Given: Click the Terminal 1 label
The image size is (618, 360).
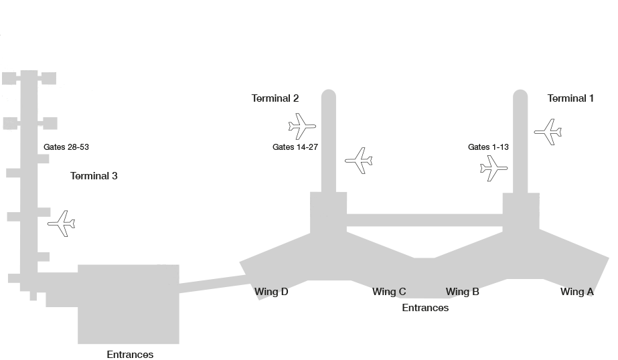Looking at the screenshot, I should point(570,98).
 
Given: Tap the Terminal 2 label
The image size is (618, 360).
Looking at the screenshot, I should point(275,98).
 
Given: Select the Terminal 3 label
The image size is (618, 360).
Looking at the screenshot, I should point(94,176).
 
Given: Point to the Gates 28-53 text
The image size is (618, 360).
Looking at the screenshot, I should point(66,147).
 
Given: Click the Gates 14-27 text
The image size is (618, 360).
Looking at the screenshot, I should point(295,147).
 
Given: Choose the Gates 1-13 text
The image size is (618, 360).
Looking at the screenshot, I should point(489,147).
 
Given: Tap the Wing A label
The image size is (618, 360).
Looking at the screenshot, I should point(576,292).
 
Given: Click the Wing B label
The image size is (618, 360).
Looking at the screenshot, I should point(462,292).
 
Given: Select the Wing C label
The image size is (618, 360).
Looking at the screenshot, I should point(389,292).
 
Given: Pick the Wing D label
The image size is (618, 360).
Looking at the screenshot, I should point(271,292).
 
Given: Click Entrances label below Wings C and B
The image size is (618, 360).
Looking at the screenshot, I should point(425,308).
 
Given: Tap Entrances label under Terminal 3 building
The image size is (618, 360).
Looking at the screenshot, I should point(130,355).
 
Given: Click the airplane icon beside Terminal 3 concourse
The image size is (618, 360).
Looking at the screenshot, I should point(62,223).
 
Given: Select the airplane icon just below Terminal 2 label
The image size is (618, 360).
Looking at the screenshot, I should point(301,126).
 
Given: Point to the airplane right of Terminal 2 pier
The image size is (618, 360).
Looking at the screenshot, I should point(359,161).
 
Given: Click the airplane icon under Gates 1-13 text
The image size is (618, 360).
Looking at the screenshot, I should point(494,168).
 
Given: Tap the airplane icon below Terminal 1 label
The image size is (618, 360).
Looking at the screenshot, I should point(548,132).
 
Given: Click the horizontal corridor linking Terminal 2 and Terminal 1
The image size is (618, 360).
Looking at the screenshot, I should point(424,220).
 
